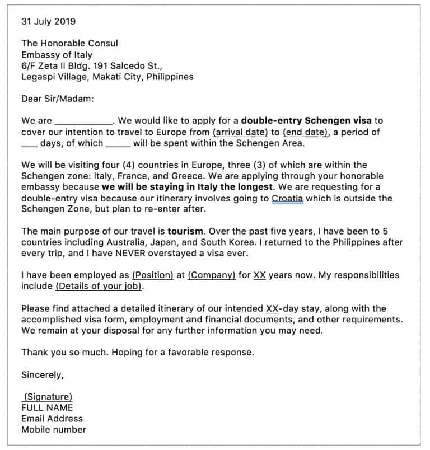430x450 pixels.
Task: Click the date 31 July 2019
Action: [48, 22]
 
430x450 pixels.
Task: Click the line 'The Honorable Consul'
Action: [69, 44]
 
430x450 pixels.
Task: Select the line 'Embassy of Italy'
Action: [57, 55]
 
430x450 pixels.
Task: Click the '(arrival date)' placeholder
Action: [240, 132]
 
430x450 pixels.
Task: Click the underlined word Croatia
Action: [287, 199]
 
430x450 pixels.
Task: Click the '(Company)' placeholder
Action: [211, 275]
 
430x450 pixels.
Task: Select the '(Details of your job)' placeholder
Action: [99, 286]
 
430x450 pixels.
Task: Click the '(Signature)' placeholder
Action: [48, 396]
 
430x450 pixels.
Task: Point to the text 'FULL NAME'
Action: [47, 407]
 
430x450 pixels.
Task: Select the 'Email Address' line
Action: [52, 419]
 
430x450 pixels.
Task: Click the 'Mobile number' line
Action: [54, 430]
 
